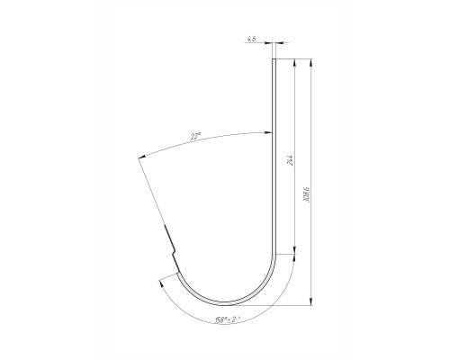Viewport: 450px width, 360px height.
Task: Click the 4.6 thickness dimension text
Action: [251, 39]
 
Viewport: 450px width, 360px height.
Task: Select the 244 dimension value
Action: [290, 160]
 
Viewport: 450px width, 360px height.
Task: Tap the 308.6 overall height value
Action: [306, 194]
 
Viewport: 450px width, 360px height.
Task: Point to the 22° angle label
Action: [195, 137]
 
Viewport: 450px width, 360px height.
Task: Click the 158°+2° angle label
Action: [228, 319]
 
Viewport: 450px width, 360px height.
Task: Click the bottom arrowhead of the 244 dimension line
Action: [295, 250]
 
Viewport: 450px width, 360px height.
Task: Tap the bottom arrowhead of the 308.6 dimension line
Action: [311, 301]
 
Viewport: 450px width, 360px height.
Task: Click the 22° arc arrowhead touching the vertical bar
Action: [268, 132]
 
